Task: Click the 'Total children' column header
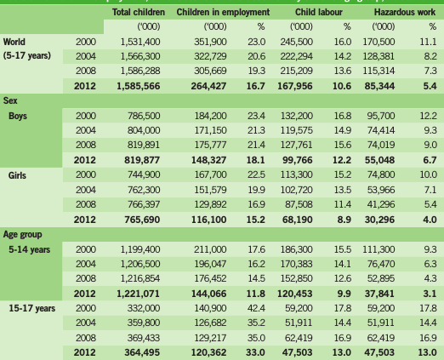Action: click(x=139, y=12)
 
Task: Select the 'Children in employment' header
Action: click(x=223, y=12)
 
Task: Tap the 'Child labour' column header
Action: click(x=319, y=12)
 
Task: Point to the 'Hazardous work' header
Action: click(x=405, y=12)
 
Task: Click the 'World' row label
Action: click(x=14, y=42)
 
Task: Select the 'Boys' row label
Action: click(x=18, y=116)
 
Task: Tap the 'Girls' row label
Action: click(x=17, y=175)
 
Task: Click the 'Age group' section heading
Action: click(x=22, y=235)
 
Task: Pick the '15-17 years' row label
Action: click(x=31, y=308)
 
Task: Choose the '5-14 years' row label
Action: click(x=29, y=249)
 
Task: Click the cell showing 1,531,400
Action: click(x=140, y=42)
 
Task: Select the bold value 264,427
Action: click(x=208, y=86)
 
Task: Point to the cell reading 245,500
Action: click(x=297, y=42)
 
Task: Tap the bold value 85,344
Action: click(x=379, y=86)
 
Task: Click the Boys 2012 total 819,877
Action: click(x=142, y=160)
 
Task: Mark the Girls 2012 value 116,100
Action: click(x=209, y=220)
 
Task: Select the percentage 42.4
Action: click(x=257, y=308)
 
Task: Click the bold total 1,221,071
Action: click(x=139, y=294)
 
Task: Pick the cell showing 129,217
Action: click(x=210, y=338)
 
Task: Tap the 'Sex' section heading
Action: click(x=10, y=100)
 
